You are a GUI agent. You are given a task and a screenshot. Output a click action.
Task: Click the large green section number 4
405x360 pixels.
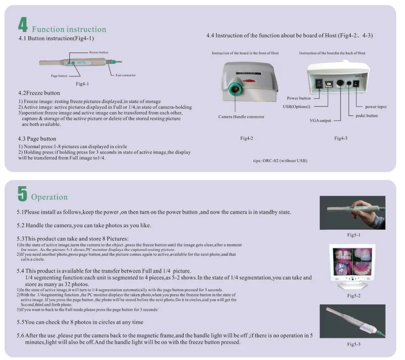tap(23, 24)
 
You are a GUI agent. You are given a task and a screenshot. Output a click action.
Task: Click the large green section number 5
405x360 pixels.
tap(22, 193)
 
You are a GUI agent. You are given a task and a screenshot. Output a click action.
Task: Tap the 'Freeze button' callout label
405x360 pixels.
tap(99, 52)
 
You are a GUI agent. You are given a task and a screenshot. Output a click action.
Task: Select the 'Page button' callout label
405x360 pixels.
tap(59, 76)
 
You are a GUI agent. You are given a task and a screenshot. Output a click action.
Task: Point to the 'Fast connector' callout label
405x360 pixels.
tap(126, 75)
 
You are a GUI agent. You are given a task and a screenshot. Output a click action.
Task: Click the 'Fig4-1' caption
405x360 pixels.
tap(82, 84)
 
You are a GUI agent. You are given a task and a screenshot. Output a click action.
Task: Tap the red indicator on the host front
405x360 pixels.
tap(249, 81)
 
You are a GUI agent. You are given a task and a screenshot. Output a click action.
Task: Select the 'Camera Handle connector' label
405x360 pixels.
tap(241, 117)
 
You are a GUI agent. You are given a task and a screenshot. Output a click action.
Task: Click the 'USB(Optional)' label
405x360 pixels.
tap(296, 107)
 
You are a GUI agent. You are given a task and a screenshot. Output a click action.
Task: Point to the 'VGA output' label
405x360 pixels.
tap(320, 120)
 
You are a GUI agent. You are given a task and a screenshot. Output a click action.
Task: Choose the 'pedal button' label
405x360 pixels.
tap(367, 116)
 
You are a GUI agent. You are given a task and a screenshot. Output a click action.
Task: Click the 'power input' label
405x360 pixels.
tap(376, 107)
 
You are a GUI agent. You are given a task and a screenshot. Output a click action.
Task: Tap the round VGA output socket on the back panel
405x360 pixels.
tap(340, 83)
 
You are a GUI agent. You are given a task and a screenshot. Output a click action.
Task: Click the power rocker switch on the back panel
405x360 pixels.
tap(319, 84)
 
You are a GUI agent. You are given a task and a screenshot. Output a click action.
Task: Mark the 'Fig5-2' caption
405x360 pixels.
tap(354, 296)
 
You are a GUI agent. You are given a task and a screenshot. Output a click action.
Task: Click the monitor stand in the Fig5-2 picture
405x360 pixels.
tap(352, 285)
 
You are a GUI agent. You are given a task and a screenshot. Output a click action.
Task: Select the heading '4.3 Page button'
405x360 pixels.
tap(37, 139)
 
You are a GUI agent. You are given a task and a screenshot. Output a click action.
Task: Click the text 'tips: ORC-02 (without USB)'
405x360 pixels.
tap(280, 161)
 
